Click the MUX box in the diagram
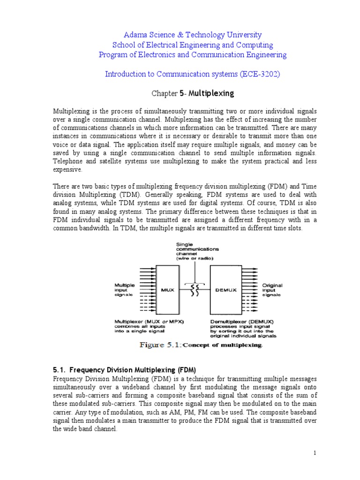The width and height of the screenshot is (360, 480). coord(167,290)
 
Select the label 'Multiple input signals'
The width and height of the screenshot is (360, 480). coord(125,290)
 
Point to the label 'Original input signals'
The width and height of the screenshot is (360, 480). coord(272,290)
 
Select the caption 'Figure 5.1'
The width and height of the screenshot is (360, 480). coord(160,345)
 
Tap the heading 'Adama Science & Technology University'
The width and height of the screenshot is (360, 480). coord(192,35)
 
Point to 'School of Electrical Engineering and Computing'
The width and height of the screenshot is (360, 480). coord(192,45)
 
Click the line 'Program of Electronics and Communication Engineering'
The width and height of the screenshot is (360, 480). coord(192,55)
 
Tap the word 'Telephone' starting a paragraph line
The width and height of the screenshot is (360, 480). coord(68,161)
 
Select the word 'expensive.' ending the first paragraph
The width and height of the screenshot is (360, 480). coord(67,169)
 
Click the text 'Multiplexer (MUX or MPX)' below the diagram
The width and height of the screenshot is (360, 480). coord(149,321)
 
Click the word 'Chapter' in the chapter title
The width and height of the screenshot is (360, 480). coord(164,94)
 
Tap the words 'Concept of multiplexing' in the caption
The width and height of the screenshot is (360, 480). coord(222,345)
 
